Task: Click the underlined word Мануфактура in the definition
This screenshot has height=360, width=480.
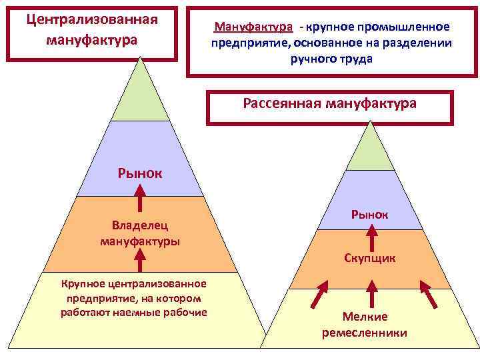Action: [253, 27]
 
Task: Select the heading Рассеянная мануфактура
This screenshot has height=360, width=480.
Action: [330, 103]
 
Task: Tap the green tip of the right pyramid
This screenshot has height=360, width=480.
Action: [371, 150]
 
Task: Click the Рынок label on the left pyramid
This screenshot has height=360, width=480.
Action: [141, 174]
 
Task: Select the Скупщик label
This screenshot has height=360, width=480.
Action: [370, 257]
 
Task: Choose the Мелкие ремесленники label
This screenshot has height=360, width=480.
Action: [365, 324]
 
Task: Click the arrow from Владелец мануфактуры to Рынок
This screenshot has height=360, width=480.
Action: [141, 197]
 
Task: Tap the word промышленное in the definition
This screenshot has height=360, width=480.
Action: [405, 27]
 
